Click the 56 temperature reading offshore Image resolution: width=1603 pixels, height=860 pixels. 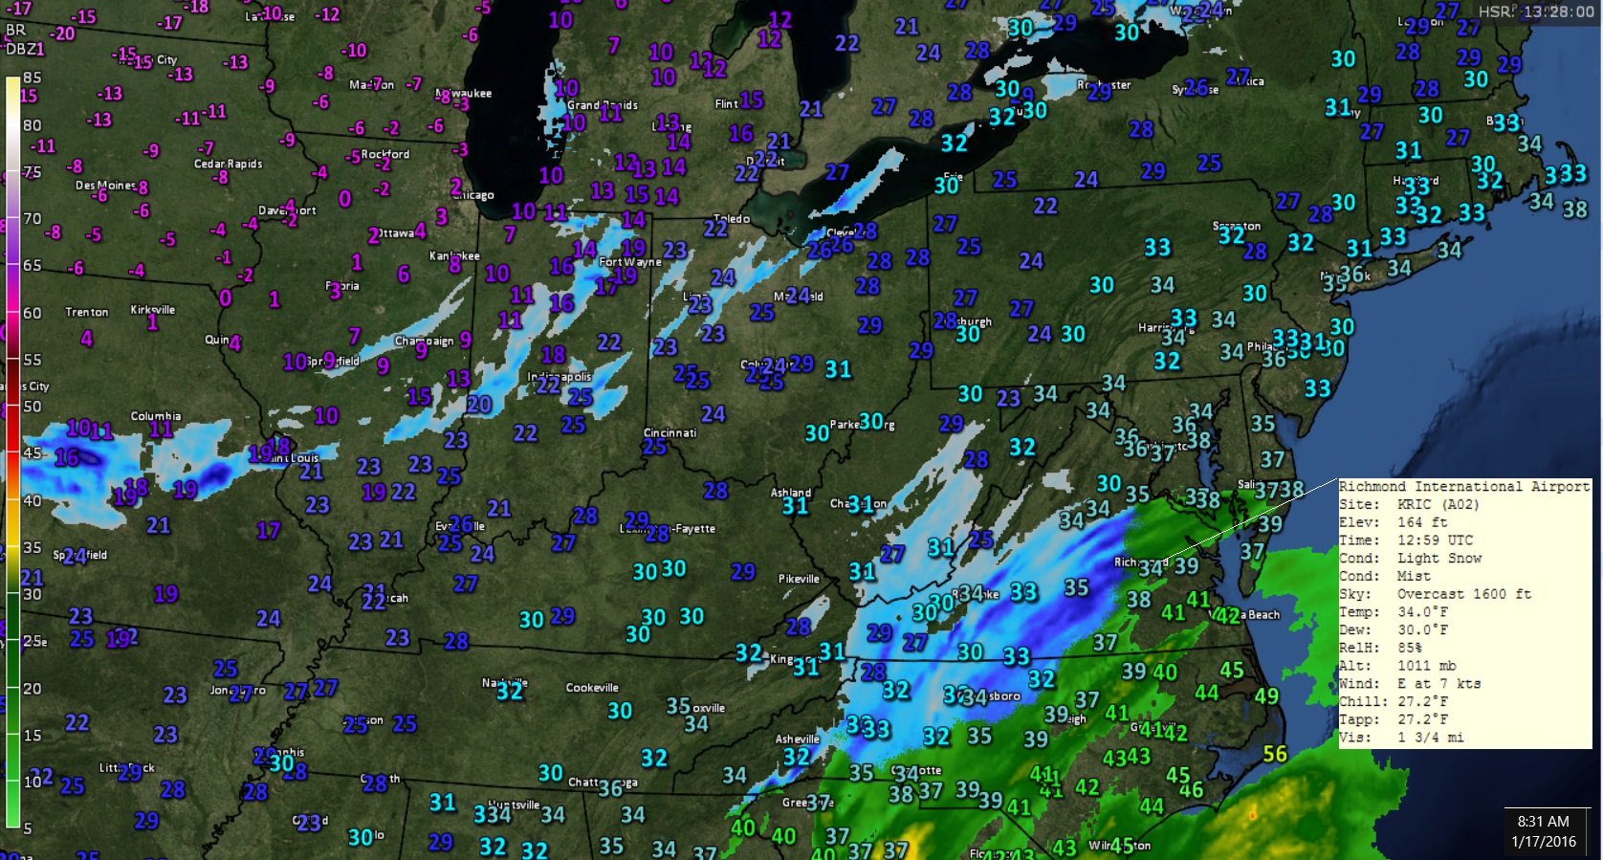[x=1275, y=754]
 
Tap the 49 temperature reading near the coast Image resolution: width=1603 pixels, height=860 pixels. [x=1266, y=695]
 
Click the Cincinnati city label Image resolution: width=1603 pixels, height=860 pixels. [x=670, y=432]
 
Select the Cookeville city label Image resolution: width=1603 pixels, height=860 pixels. [x=592, y=687]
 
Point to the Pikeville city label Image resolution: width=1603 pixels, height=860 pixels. [x=799, y=578]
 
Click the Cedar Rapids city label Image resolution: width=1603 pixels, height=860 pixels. [x=228, y=164]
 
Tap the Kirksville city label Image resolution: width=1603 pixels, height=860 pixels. [x=153, y=309]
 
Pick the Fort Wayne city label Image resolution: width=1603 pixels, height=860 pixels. [x=629, y=261]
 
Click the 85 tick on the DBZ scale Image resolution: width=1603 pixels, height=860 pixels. [x=32, y=77]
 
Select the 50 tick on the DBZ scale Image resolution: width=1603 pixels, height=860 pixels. [x=32, y=406]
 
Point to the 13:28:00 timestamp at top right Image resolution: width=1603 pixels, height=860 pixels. [x=1558, y=11]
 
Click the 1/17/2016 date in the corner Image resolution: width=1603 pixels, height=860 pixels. [x=1543, y=842]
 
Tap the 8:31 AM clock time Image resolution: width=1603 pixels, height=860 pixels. [x=1543, y=821]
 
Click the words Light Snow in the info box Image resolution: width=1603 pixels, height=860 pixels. [x=1438, y=558]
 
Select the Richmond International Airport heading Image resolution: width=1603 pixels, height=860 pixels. [x=1463, y=486]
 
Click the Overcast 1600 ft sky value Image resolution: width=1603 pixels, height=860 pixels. [x=1463, y=594]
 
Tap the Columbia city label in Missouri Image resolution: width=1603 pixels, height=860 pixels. [x=155, y=415]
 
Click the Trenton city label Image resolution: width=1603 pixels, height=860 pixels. [x=86, y=312]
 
